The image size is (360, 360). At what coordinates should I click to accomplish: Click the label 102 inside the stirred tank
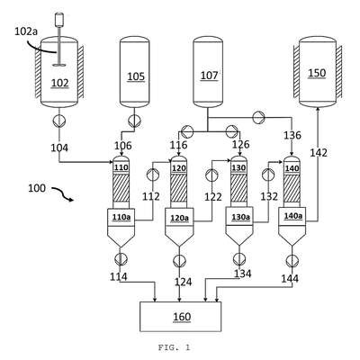[x=60, y=83]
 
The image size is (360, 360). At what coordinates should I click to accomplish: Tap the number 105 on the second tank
[x=136, y=76]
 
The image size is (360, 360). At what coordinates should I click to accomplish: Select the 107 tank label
[x=209, y=76]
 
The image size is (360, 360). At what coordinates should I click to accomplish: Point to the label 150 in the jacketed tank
[x=317, y=73]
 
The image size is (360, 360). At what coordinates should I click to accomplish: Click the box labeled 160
[x=181, y=317]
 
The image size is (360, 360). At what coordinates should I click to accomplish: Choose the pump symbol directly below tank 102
[x=59, y=121]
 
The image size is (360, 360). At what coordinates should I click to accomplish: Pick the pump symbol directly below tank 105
[x=134, y=121]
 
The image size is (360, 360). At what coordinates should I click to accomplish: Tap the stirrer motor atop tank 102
[x=59, y=19]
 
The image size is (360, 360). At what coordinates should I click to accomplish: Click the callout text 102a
[x=26, y=31]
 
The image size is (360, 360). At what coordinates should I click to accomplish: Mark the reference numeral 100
[x=37, y=188]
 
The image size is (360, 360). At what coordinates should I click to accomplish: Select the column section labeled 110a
[x=121, y=218]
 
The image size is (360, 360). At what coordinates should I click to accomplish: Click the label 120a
[x=179, y=218]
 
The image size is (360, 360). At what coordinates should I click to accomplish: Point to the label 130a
[x=239, y=217]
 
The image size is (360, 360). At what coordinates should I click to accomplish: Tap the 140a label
[x=292, y=216]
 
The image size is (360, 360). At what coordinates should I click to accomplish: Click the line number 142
[x=319, y=153]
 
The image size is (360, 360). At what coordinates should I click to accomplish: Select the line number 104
[x=59, y=148]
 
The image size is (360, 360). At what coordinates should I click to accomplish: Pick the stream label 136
[x=292, y=135]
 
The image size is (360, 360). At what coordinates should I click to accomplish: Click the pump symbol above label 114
[x=121, y=259]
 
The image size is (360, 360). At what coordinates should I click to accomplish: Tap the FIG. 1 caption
[x=174, y=347]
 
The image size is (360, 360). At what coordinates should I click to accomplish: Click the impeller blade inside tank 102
[x=59, y=65]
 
